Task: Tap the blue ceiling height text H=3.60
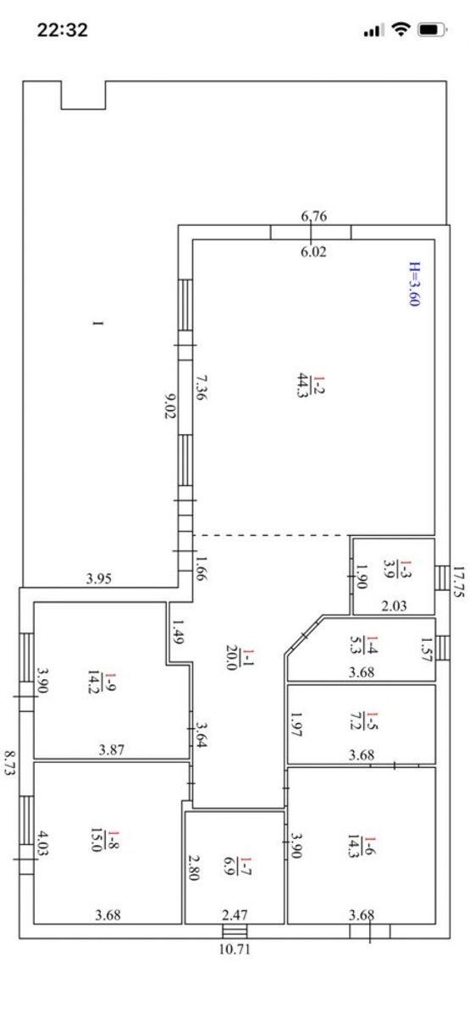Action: tap(415, 284)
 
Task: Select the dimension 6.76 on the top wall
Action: tap(314, 216)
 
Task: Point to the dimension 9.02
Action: tap(169, 406)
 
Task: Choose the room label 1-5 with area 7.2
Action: tap(364, 721)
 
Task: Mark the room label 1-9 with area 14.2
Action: tap(102, 682)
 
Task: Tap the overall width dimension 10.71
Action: tap(235, 949)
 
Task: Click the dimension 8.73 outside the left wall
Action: tap(10, 764)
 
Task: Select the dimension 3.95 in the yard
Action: tap(99, 578)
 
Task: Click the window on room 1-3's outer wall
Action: tap(442, 577)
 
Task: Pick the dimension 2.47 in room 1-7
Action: tap(235, 915)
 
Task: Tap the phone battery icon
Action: tap(433, 30)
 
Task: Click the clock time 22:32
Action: tap(62, 30)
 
